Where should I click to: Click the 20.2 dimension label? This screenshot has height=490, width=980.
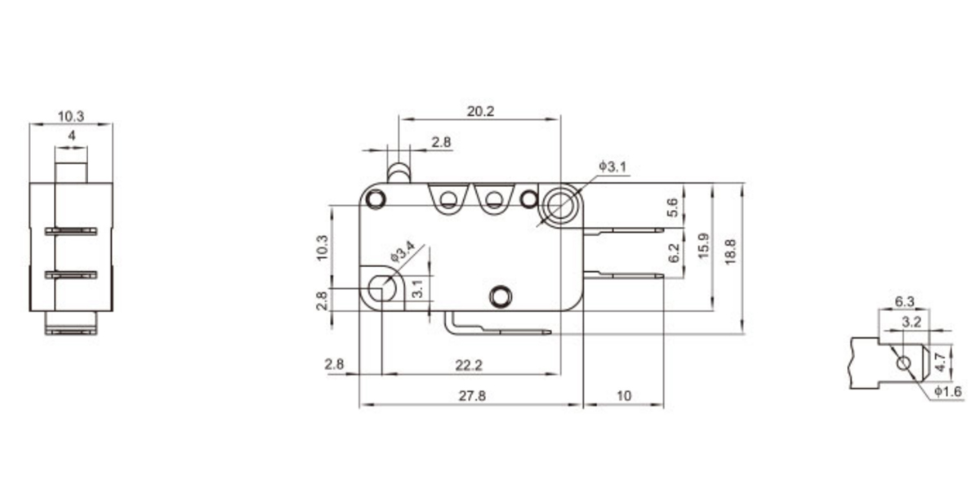(480, 112)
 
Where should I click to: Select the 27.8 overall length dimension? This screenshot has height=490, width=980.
(472, 396)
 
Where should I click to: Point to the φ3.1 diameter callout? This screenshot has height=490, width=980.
(612, 167)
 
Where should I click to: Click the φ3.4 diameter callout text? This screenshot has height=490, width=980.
(403, 252)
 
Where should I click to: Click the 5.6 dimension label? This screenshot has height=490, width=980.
(673, 207)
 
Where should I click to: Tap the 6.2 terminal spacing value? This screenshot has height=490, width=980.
(673, 253)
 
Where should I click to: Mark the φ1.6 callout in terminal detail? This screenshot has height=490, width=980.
(947, 393)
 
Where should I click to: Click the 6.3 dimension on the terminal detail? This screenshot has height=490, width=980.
(904, 301)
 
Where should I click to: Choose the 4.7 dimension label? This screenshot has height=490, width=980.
(939, 358)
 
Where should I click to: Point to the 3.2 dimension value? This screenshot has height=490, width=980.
(911, 322)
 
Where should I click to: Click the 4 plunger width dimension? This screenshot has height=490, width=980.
(72, 136)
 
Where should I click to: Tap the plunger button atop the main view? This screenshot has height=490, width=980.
(399, 172)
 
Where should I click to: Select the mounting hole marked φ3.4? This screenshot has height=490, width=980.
(380, 287)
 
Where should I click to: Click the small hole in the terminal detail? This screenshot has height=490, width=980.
(903, 363)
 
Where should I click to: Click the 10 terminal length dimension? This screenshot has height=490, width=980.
(624, 396)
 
